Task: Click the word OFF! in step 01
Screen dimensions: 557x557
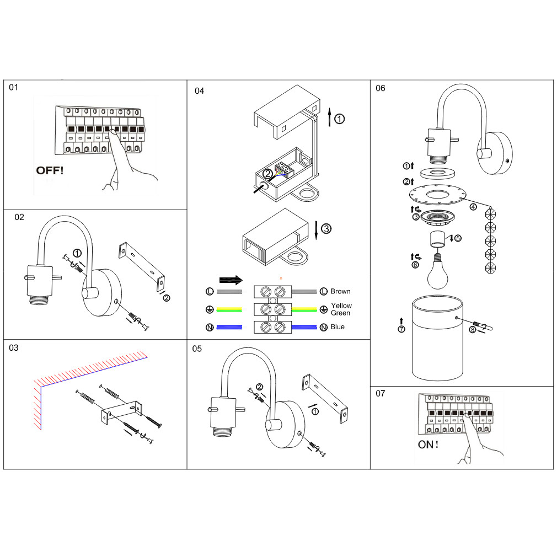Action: pyautogui.click(x=50, y=170)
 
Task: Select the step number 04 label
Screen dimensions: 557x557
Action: pyautogui.click(x=199, y=90)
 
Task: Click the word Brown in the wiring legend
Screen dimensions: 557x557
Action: pyautogui.click(x=340, y=291)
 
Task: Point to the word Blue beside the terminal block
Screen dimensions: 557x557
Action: pyautogui.click(x=338, y=327)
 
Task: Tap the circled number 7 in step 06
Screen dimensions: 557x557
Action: pyautogui.click(x=401, y=330)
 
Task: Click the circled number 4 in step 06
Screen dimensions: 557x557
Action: pyautogui.click(x=473, y=207)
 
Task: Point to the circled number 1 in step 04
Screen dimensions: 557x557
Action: pyautogui.click(x=340, y=118)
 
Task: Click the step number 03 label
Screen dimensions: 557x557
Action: pyautogui.click(x=14, y=347)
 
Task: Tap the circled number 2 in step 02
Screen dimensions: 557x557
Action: pyautogui.click(x=167, y=298)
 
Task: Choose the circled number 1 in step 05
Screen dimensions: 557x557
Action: pyautogui.click(x=315, y=411)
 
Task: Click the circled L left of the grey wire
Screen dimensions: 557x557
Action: pyautogui.click(x=210, y=291)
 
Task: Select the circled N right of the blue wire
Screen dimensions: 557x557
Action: pyautogui.click(x=324, y=328)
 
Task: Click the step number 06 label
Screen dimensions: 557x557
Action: pyautogui.click(x=381, y=88)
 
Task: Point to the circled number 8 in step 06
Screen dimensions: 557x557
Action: pyautogui.click(x=472, y=330)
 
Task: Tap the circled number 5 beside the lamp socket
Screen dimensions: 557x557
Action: pyautogui.click(x=458, y=238)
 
